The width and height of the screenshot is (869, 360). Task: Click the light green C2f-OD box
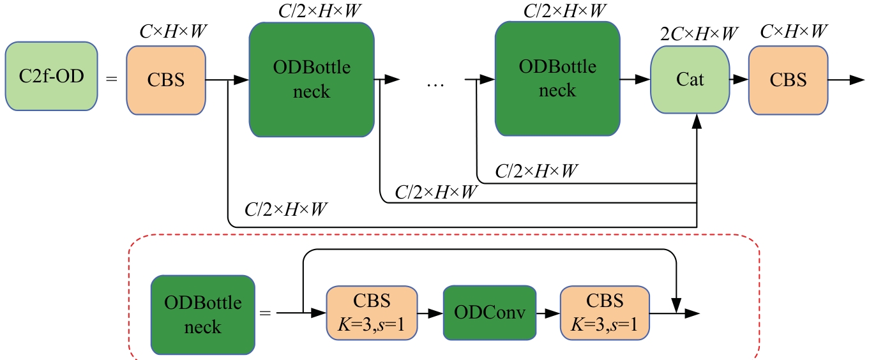click(x=51, y=79)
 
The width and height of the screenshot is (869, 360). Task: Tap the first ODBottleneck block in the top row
click(x=312, y=79)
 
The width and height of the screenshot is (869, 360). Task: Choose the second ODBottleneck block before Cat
click(x=557, y=79)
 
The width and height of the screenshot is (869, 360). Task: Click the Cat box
click(x=690, y=80)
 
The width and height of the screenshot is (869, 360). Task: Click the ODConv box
click(x=489, y=313)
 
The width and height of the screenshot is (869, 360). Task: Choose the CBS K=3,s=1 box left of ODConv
click(x=372, y=313)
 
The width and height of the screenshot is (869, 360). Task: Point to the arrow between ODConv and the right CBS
click(x=548, y=313)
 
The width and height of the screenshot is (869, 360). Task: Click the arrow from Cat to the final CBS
click(x=741, y=80)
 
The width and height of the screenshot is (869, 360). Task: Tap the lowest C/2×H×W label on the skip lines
click(x=287, y=209)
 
